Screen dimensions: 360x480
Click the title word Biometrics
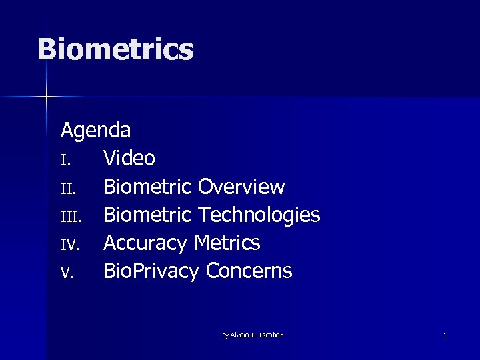point(115,50)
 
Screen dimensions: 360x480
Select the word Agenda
point(95,130)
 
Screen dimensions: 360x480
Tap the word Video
point(129,159)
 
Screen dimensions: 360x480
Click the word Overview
point(241,187)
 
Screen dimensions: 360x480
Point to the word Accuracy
point(145,243)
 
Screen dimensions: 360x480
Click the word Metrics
point(227,243)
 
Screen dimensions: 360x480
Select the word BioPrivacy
point(151,271)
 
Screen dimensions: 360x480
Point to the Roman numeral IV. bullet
point(69,245)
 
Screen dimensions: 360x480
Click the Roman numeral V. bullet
point(66,273)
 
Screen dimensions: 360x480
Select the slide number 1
point(445,335)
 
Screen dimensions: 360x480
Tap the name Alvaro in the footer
point(240,335)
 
